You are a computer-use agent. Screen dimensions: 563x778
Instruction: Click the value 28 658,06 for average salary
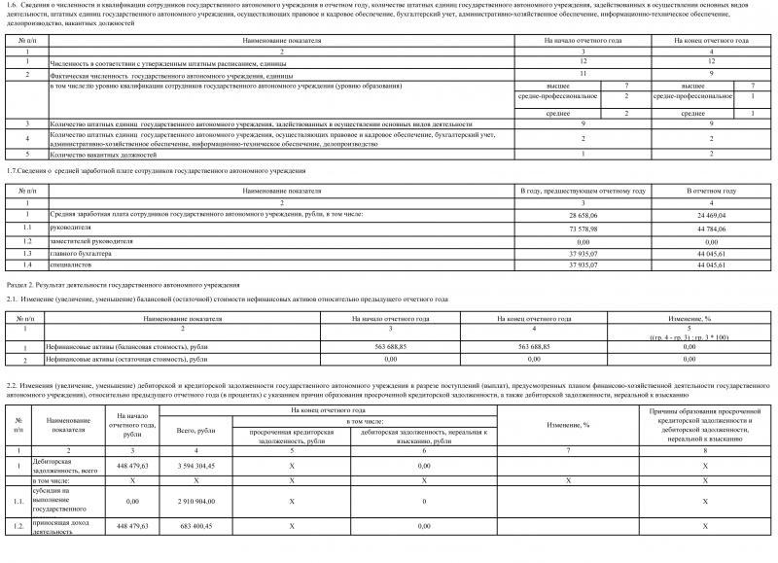(583, 211)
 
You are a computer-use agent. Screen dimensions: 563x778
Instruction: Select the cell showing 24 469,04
(712, 211)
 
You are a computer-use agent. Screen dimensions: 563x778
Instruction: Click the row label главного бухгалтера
(79, 252)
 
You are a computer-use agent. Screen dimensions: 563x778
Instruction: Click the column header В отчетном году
(712, 191)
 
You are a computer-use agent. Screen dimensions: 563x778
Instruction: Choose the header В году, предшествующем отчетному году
(583, 191)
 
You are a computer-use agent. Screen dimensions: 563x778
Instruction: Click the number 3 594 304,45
(200, 466)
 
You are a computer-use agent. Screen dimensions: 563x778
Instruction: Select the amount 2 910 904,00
(200, 503)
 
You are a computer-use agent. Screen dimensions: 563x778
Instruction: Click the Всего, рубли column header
(200, 430)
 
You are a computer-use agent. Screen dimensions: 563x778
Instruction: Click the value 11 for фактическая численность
(583, 74)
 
